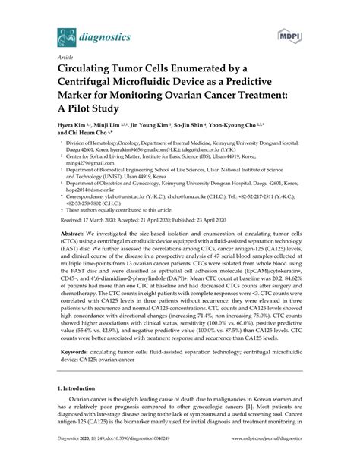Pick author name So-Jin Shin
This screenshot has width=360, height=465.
tap(201, 127)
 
